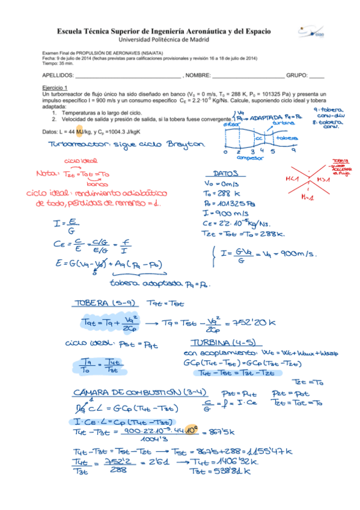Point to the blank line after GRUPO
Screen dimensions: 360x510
point(316,76)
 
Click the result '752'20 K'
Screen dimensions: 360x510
point(257,322)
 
